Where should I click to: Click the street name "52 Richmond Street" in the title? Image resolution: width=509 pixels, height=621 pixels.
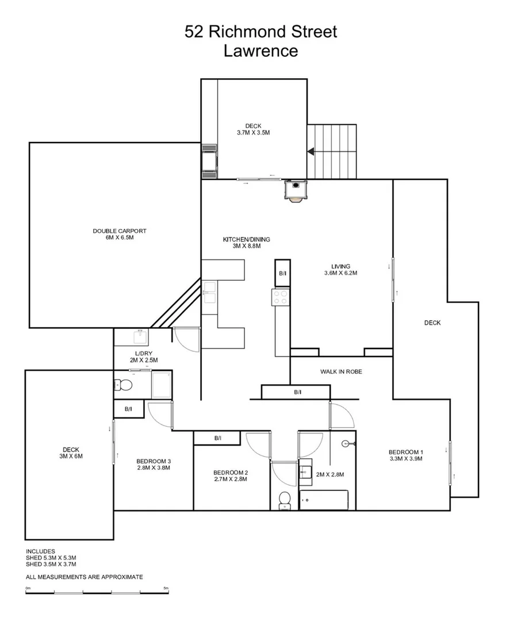click(x=261, y=32)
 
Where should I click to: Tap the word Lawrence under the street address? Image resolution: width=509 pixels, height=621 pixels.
click(x=261, y=51)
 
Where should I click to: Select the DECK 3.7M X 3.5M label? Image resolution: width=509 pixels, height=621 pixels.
click(x=253, y=129)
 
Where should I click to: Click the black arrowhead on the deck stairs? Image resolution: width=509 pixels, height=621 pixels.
click(x=311, y=152)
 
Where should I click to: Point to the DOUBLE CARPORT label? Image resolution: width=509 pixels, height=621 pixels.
click(x=120, y=234)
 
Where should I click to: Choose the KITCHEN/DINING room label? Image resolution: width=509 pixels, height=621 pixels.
click(x=246, y=243)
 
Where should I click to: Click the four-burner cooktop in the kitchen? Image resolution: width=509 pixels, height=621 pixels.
click(x=280, y=297)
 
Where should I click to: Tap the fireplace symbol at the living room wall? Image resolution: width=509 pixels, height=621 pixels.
click(x=294, y=190)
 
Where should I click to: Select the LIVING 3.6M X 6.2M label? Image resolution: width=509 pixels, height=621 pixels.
click(x=340, y=270)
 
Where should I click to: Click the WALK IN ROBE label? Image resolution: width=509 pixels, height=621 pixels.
click(x=341, y=371)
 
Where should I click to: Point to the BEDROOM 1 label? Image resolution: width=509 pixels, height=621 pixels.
click(x=405, y=455)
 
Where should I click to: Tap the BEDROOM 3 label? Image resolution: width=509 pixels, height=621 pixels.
click(x=154, y=464)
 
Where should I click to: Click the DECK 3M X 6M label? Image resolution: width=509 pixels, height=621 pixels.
click(x=71, y=453)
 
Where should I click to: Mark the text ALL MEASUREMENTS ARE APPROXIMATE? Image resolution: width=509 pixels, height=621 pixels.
click(x=84, y=577)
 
